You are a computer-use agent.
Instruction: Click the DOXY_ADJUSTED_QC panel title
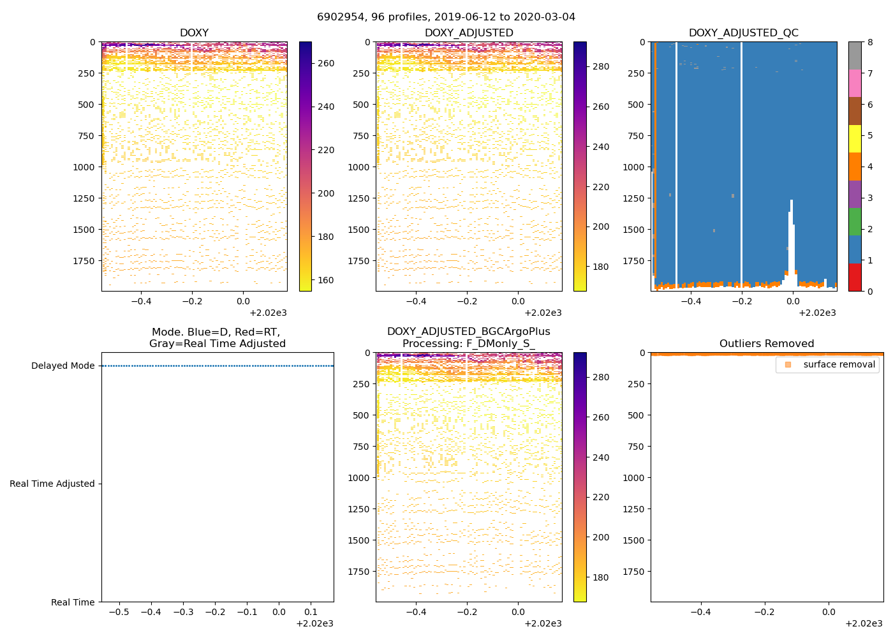[x=743, y=33]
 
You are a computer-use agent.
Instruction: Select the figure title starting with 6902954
[x=446, y=17]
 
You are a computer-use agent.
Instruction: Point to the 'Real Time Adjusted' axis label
[x=52, y=484]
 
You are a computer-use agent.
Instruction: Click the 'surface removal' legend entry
[x=839, y=364]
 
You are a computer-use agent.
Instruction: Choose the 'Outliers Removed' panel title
[x=767, y=343]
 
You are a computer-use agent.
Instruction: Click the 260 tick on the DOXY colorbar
[x=326, y=63]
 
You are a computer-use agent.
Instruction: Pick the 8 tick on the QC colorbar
[x=869, y=42]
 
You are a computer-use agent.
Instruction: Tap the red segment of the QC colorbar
[x=855, y=278]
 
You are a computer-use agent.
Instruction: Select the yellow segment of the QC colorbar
[x=855, y=139]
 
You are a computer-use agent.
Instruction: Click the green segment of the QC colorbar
[x=855, y=222]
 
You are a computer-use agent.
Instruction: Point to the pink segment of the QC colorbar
[x=855, y=84]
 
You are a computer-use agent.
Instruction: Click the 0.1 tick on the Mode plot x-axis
[x=311, y=612]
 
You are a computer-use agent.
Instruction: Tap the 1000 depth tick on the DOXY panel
[x=85, y=167]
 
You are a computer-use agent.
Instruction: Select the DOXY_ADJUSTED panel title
[x=469, y=33]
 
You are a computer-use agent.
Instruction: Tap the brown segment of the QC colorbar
[x=855, y=111]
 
